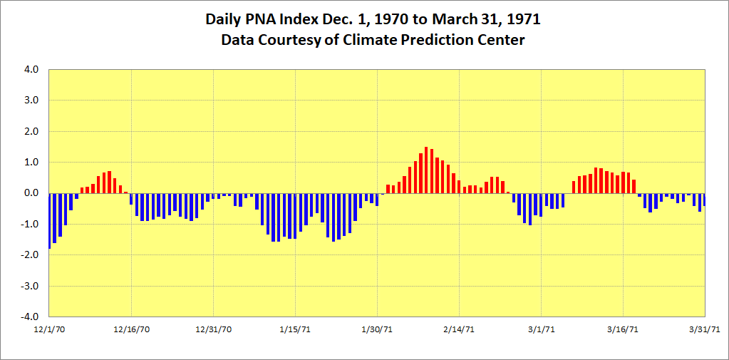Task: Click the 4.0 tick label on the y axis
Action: pyautogui.click(x=31, y=70)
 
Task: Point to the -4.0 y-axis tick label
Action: pyautogui.click(x=30, y=317)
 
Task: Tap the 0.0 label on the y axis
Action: pyautogui.click(x=31, y=193)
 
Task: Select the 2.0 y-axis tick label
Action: pyautogui.click(x=31, y=131)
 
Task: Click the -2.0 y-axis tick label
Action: pyautogui.click(x=30, y=254)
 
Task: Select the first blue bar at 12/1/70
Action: pyautogui.click(x=49, y=220)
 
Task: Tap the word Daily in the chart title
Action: pyautogui.click(x=227, y=19)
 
